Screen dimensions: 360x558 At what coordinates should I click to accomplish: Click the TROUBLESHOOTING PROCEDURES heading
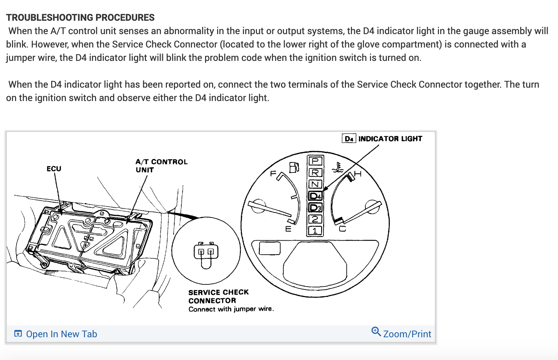80,17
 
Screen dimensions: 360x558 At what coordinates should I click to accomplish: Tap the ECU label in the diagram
54,169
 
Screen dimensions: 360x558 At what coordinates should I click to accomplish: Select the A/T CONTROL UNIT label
161,166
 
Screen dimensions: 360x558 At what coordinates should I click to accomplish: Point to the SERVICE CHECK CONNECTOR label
218,296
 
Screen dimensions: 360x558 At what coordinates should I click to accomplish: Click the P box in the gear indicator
315,161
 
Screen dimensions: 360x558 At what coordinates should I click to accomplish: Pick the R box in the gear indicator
315,173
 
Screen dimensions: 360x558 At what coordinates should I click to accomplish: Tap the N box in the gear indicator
315,184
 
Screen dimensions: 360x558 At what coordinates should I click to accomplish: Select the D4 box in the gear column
315,196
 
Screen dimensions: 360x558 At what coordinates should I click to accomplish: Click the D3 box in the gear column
315,207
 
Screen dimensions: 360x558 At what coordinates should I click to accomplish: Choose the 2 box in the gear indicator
315,219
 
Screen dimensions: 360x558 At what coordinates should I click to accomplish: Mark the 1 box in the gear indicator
315,231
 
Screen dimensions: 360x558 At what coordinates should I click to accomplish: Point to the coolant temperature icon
338,167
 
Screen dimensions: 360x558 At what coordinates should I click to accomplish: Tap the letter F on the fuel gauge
273,173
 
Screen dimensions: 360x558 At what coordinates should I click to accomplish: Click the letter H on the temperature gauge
358,174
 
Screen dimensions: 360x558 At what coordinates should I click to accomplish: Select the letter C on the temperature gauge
343,229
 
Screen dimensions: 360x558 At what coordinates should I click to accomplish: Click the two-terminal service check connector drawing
206,253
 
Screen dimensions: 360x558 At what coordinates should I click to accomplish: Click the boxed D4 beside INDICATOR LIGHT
349,139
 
